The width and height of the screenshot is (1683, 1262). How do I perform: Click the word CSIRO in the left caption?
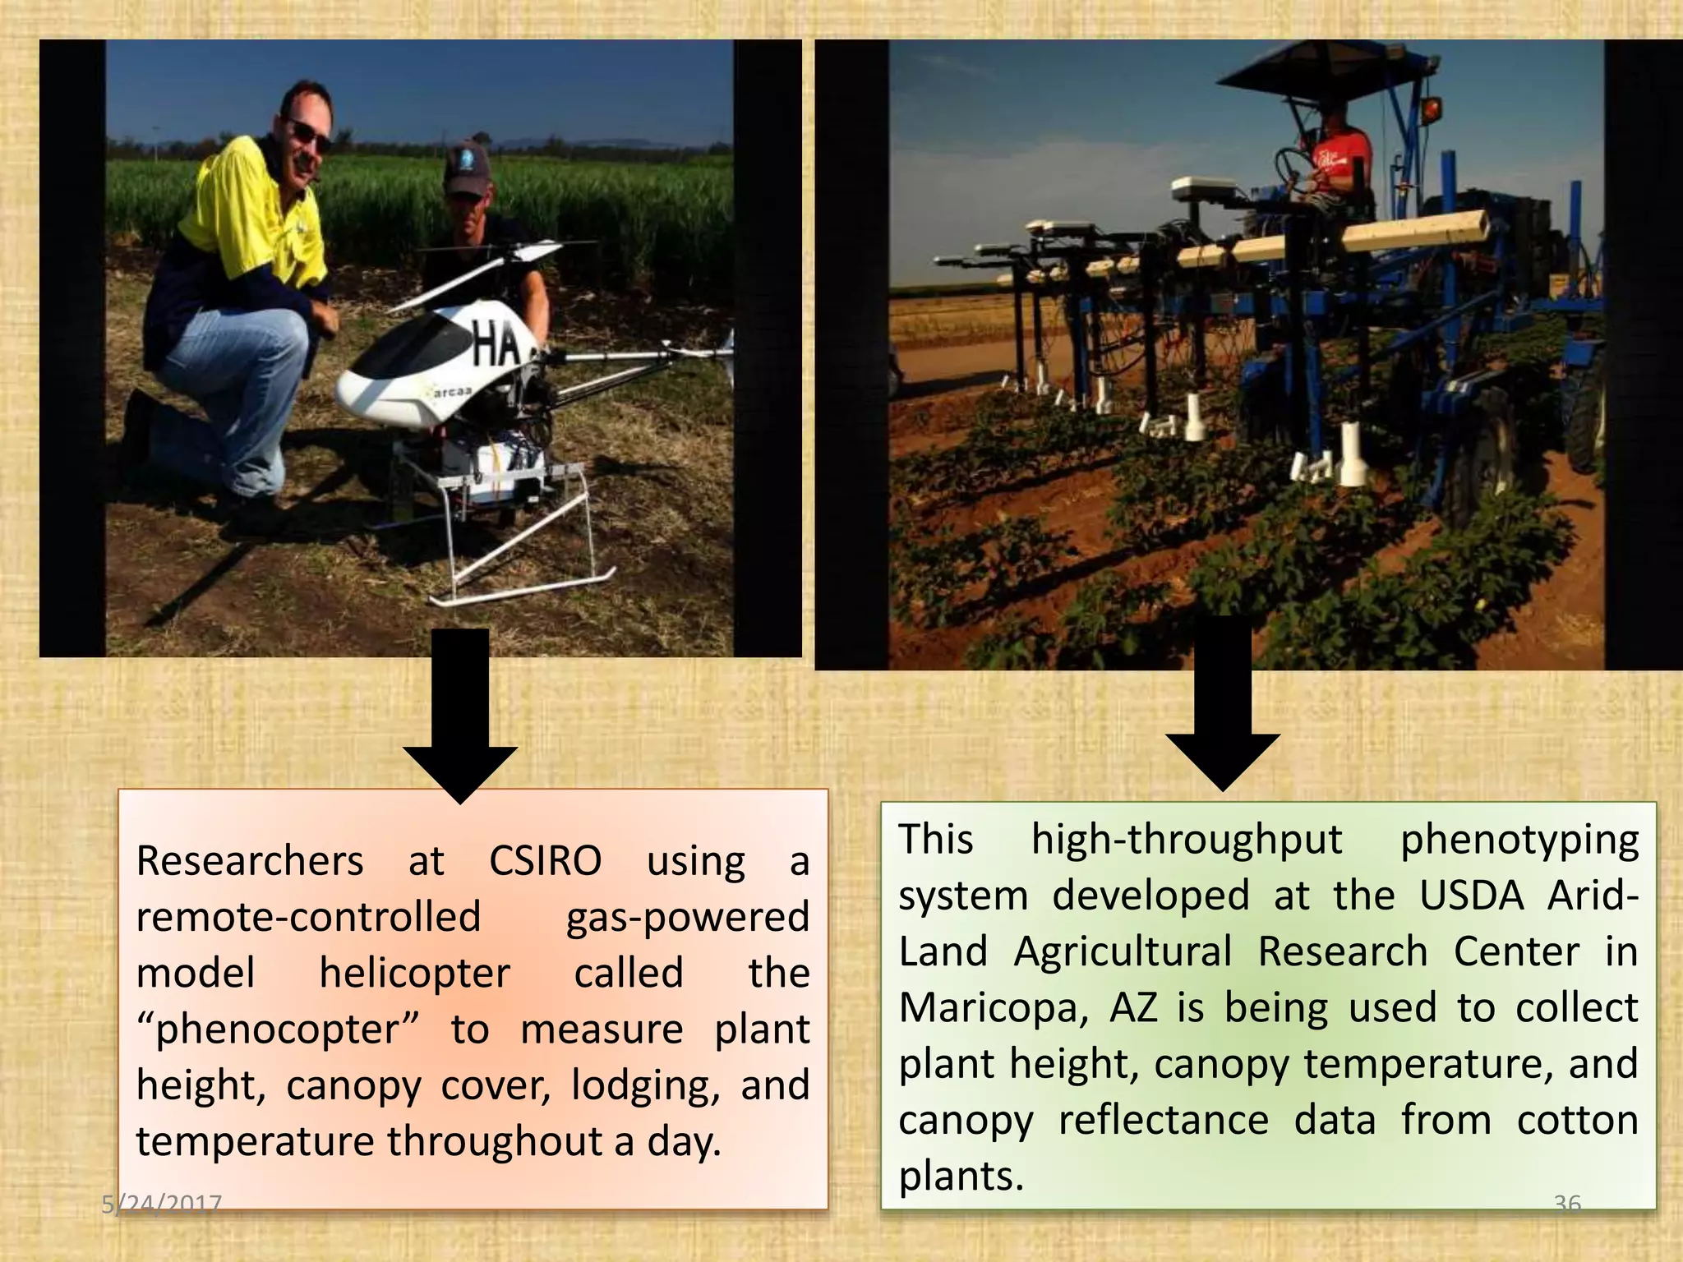click(x=545, y=862)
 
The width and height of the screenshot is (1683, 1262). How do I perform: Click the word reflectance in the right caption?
click(x=1164, y=1121)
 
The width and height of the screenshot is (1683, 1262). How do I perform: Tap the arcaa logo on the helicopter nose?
click(x=449, y=393)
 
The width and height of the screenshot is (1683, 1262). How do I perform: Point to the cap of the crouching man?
click(x=467, y=168)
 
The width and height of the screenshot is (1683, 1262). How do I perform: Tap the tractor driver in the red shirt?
click(x=1339, y=164)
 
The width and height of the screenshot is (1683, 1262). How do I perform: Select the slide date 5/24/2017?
click(x=161, y=1204)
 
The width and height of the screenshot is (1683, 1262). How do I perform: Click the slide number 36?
click(x=1567, y=1204)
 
